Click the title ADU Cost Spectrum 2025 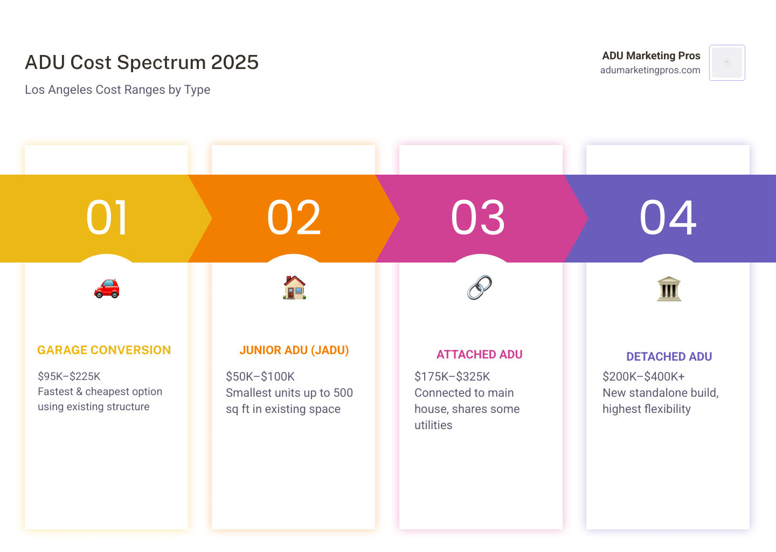(x=142, y=63)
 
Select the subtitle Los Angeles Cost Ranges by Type (x=117, y=89)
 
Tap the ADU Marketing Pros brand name (x=651, y=56)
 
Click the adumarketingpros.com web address (x=650, y=70)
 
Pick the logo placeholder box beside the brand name (x=727, y=63)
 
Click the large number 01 (x=107, y=218)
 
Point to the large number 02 (x=294, y=218)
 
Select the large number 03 (x=479, y=218)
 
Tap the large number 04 (x=668, y=218)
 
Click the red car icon (x=107, y=288)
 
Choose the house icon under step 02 (x=294, y=287)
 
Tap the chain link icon (x=480, y=287)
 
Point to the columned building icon (x=669, y=288)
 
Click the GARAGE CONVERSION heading (x=104, y=350)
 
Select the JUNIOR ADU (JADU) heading (x=294, y=350)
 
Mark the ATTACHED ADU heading (x=480, y=355)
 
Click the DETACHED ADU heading (x=669, y=357)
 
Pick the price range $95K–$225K (x=69, y=376)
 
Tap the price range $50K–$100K (x=260, y=376)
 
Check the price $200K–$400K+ (x=643, y=376)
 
